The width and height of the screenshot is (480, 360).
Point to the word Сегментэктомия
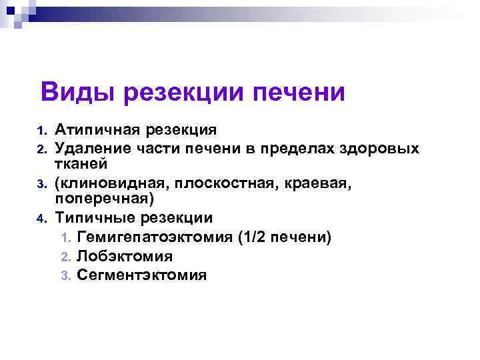[x=141, y=274]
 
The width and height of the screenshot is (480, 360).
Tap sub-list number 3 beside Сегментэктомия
[x=65, y=275]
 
